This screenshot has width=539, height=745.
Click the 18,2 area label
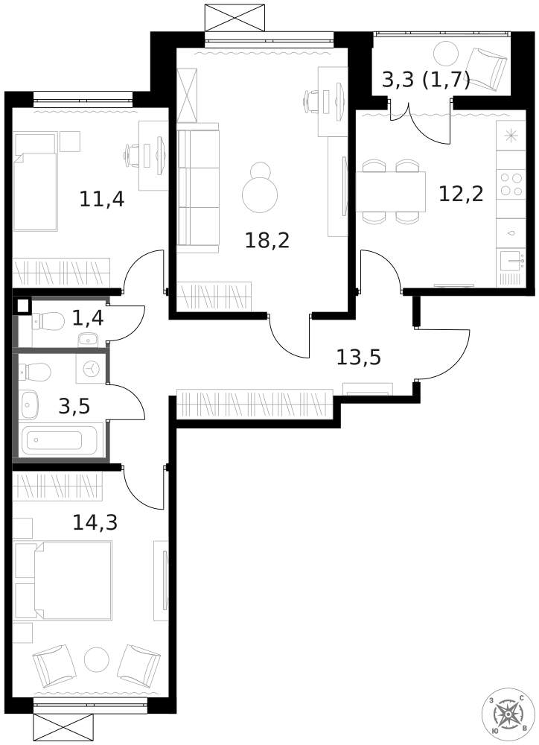point(267,241)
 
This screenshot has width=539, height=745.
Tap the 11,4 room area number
point(102,199)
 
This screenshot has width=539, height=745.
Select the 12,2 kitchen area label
point(461,194)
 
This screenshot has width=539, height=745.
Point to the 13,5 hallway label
point(359,357)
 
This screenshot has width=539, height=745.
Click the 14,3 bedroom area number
point(95,523)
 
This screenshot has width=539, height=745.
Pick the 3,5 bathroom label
point(74,407)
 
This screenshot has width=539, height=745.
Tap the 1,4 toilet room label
point(88,318)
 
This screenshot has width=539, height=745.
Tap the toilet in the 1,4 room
point(48,321)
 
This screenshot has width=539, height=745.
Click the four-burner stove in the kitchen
point(511,184)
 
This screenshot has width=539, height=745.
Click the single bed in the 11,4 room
point(36,182)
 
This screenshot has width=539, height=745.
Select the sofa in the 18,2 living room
point(198,188)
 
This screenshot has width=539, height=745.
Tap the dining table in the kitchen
point(391,191)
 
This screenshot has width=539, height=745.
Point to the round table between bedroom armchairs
point(97,660)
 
